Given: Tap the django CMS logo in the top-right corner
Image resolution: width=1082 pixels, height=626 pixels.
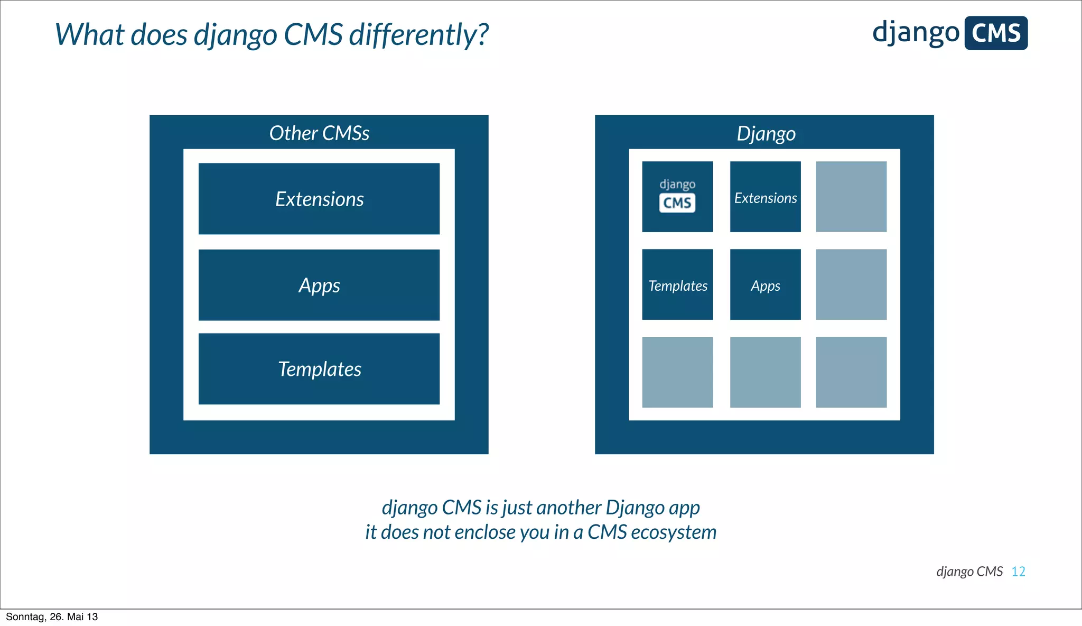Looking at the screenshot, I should tap(949, 33).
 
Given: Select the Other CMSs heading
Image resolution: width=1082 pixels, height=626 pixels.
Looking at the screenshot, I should tap(319, 133).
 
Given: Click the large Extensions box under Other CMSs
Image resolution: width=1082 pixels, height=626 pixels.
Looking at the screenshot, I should tap(319, 199).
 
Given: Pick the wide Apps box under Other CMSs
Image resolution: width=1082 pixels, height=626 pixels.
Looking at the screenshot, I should tap(319, 285).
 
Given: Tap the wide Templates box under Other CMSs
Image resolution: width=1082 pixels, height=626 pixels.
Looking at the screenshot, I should tap(319, 369).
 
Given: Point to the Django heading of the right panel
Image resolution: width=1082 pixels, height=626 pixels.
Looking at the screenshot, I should tap(766, 133).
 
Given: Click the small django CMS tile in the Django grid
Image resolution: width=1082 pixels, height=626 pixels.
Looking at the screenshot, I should tap(677, 197).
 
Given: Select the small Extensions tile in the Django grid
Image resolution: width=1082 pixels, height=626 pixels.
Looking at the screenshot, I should tap(766, 197).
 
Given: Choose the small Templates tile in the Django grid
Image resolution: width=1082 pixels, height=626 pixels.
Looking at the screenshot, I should tap(677, 285).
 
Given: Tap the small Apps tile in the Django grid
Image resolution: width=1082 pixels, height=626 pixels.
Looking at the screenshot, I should tap(766, 285).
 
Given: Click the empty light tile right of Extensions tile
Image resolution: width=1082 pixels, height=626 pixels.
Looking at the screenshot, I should tap(851, 197).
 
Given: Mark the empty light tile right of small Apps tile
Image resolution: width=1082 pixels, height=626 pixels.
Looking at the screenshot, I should tap(851, 285).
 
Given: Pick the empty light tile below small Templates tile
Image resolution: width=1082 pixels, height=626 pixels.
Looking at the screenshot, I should tap(677, 372).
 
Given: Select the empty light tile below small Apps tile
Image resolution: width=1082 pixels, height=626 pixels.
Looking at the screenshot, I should tap(766, 372).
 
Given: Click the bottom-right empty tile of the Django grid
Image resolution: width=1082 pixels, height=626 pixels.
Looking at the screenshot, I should tap(851, 372).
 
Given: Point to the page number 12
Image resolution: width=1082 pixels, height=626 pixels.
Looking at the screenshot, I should tap(1018, 572).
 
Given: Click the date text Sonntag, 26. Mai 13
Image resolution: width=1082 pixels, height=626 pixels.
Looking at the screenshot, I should tap(52, 617).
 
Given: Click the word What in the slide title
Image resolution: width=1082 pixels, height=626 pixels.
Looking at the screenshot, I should tap(89, 35).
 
